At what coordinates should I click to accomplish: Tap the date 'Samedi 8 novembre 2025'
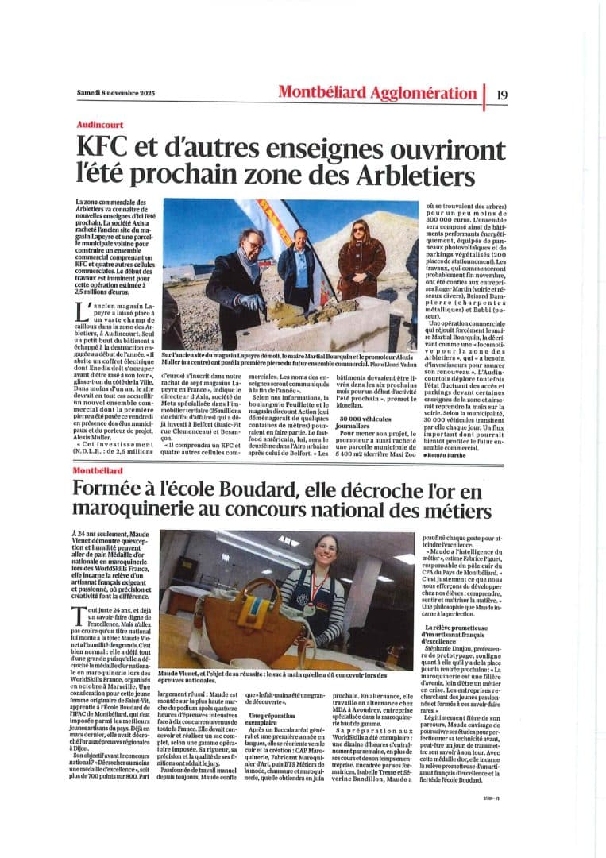(x=116, y=94)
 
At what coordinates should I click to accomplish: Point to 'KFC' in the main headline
(x=103, y=149)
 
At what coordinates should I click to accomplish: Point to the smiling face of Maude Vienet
(x=326, y=553)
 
